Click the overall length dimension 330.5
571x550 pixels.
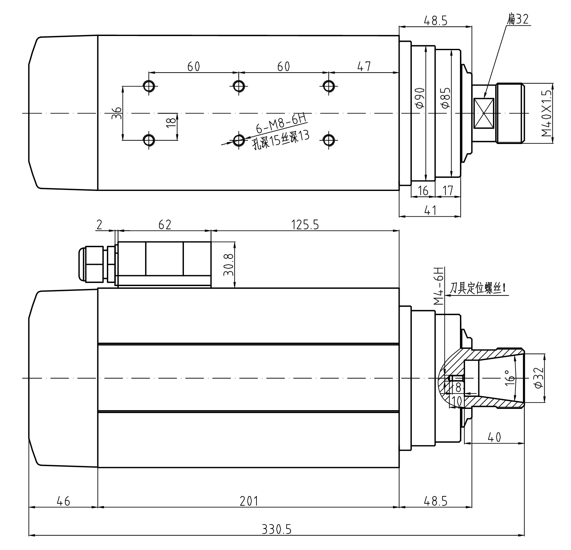coord(276,529)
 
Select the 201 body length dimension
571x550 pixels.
coord(249,501)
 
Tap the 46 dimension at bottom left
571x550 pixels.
coord(63,501)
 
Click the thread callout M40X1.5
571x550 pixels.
coord(547,113)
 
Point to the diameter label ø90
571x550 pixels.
coord(420,98)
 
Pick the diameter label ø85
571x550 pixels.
coord(446,98)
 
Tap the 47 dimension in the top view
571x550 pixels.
coord(364,67)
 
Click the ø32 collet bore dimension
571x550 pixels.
coord(539,378)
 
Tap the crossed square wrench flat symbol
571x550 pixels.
coord(484,113)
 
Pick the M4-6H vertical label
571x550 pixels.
coord(438,285)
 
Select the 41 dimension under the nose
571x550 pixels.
coord(430,210)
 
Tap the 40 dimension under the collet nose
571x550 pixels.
coord(494,437)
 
